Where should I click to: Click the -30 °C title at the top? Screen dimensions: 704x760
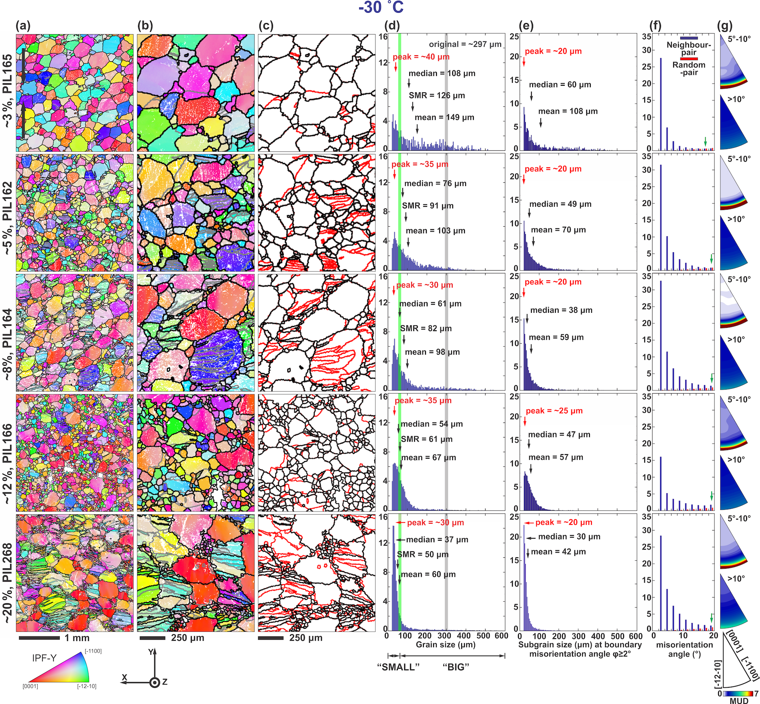click(x=381, y=7)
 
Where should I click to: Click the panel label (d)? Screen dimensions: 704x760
click(x=392, y=26)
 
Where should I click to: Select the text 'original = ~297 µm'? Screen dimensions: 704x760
click(x=465, y=44)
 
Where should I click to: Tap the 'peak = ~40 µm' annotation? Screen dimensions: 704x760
click(x=421, y=57)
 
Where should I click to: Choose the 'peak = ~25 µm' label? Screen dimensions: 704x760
click(x=554, y=411)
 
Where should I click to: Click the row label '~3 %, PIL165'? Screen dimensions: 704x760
click(x=8, y=91)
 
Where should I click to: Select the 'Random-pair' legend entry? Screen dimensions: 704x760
click(x=689, y=69)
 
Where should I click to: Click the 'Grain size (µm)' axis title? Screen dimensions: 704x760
click(x=446, y=645)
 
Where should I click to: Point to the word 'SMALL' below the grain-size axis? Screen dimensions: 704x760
click(x=398, y=667)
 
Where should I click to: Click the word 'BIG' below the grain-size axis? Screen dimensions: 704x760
click(x=456, y=667)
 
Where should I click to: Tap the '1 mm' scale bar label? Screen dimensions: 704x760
click(x=77, y=638)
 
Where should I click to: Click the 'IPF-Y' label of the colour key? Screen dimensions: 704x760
click(x=44, y=658)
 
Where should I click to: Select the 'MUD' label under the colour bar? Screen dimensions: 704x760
click(x=739, y=700)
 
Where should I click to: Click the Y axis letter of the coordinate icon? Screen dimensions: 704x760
click(x=151, y=652)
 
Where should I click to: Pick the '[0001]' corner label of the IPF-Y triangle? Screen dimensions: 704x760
click(x=30, y=686)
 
